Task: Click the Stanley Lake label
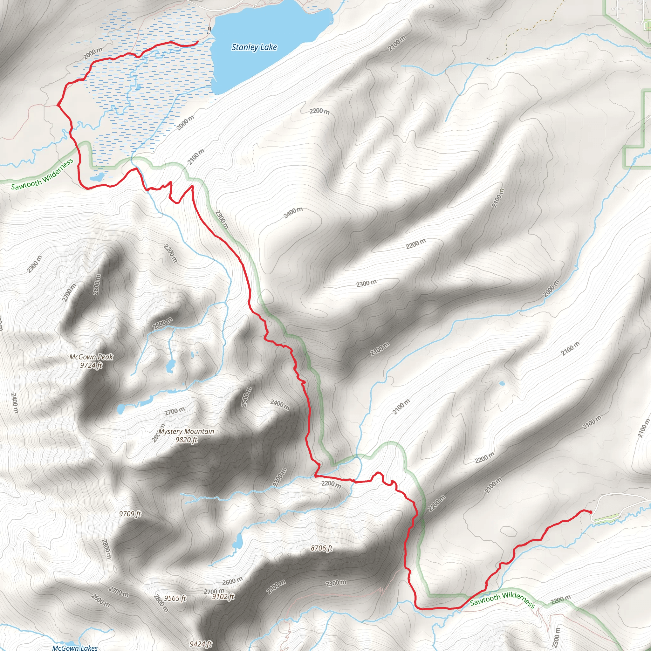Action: click(x=254, y=47)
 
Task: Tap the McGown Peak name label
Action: click(x=91, y=357)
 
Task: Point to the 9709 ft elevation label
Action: click(x=130, y=514)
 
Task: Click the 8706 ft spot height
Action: click(x=321, y=548)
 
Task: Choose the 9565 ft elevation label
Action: click(x=175, y=599)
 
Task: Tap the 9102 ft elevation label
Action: click(x=223, y=597)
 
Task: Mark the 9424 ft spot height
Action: click(x=201, y=644)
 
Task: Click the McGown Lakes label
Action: click(x=75, y=648)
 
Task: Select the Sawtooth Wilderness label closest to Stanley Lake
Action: click(x=43, y=174)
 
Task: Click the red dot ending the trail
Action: click(x=590, y=512)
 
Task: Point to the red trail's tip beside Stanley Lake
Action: click(x=197, y=42)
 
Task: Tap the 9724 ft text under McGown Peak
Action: click(x=91, y=365)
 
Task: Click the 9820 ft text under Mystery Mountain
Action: click(x=186, y=440)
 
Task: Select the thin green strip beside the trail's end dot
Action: click(x=606, y=518)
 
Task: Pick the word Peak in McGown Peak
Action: click(x=106, y=357)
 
